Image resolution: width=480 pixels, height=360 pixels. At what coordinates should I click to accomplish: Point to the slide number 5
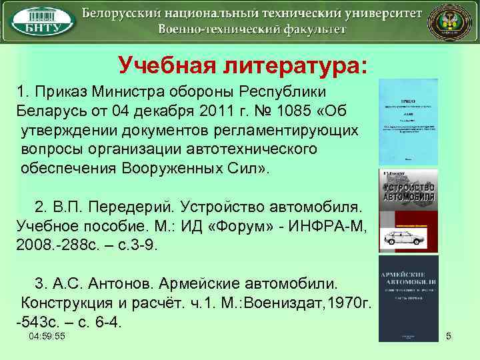click(449, 337)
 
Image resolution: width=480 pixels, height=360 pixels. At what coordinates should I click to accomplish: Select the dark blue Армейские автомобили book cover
click(408, 298)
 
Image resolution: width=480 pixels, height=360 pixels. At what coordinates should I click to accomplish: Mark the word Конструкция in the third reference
click(64, 303)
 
